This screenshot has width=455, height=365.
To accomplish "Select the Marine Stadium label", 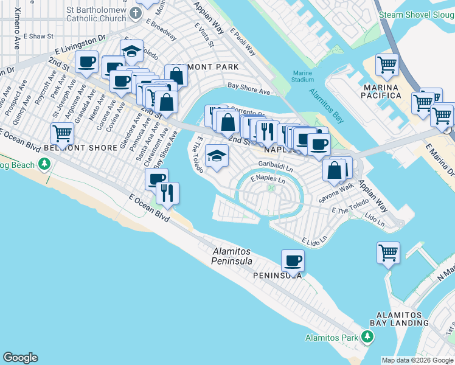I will [x=299, y=76].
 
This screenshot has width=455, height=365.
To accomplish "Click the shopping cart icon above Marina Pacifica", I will [x=387, y=63].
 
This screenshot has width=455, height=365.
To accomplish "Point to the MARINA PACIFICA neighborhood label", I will [x=382, y=92].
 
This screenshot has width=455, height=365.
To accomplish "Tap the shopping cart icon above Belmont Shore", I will [x=62, y=133].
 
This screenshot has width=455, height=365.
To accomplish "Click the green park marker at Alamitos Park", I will [x=367, y=336].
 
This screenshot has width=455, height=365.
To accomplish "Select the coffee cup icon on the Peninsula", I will [x=293, y=260].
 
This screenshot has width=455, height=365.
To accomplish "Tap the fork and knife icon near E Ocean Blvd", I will [x=167, y=192].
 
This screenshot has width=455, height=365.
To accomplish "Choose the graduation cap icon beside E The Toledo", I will [x=217, y=155].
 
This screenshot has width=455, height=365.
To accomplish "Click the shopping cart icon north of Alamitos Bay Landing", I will [x=388, y=251].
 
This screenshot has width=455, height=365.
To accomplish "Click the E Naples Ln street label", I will [x=268, y=179].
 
